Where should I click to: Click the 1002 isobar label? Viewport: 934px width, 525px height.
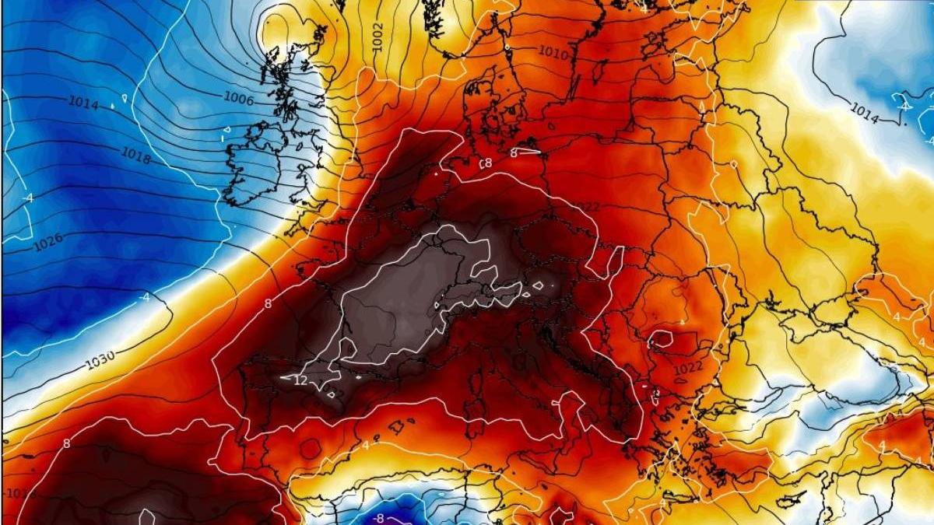378,37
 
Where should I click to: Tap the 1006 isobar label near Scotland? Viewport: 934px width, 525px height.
238,98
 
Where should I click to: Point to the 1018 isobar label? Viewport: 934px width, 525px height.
136,156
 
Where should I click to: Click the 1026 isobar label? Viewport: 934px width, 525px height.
48,243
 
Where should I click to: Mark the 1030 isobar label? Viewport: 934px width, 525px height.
100,360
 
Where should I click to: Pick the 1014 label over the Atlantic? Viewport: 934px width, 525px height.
83,103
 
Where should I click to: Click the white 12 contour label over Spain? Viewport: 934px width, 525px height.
300,380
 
